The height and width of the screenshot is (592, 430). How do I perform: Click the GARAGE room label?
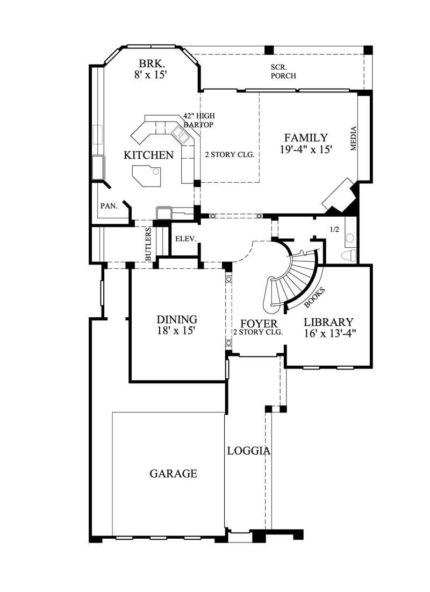pos(173,474)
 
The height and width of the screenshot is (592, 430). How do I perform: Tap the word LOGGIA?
pos(248,451)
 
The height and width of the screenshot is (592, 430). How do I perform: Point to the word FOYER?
pos(258,324)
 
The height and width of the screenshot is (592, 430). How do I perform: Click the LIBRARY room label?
pos(328,322)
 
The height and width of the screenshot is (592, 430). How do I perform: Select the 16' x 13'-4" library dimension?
pos(328,333)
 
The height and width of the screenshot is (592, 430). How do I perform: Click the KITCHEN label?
pos(149,155)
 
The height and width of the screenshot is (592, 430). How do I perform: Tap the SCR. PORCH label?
pos(283,72)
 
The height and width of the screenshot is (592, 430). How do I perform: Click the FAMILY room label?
pos(306,138)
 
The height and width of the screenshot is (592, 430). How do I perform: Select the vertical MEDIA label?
pos(354,139)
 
